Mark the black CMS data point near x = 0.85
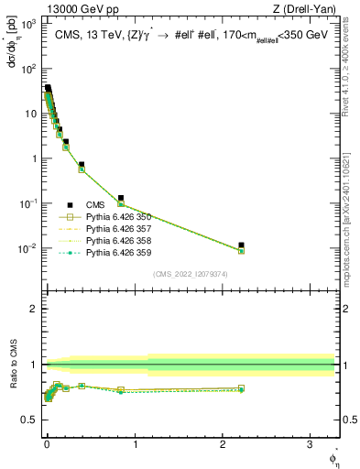tap(121, 198)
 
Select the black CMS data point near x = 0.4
tap(82, 165)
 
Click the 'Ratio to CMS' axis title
tap(11, 365)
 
